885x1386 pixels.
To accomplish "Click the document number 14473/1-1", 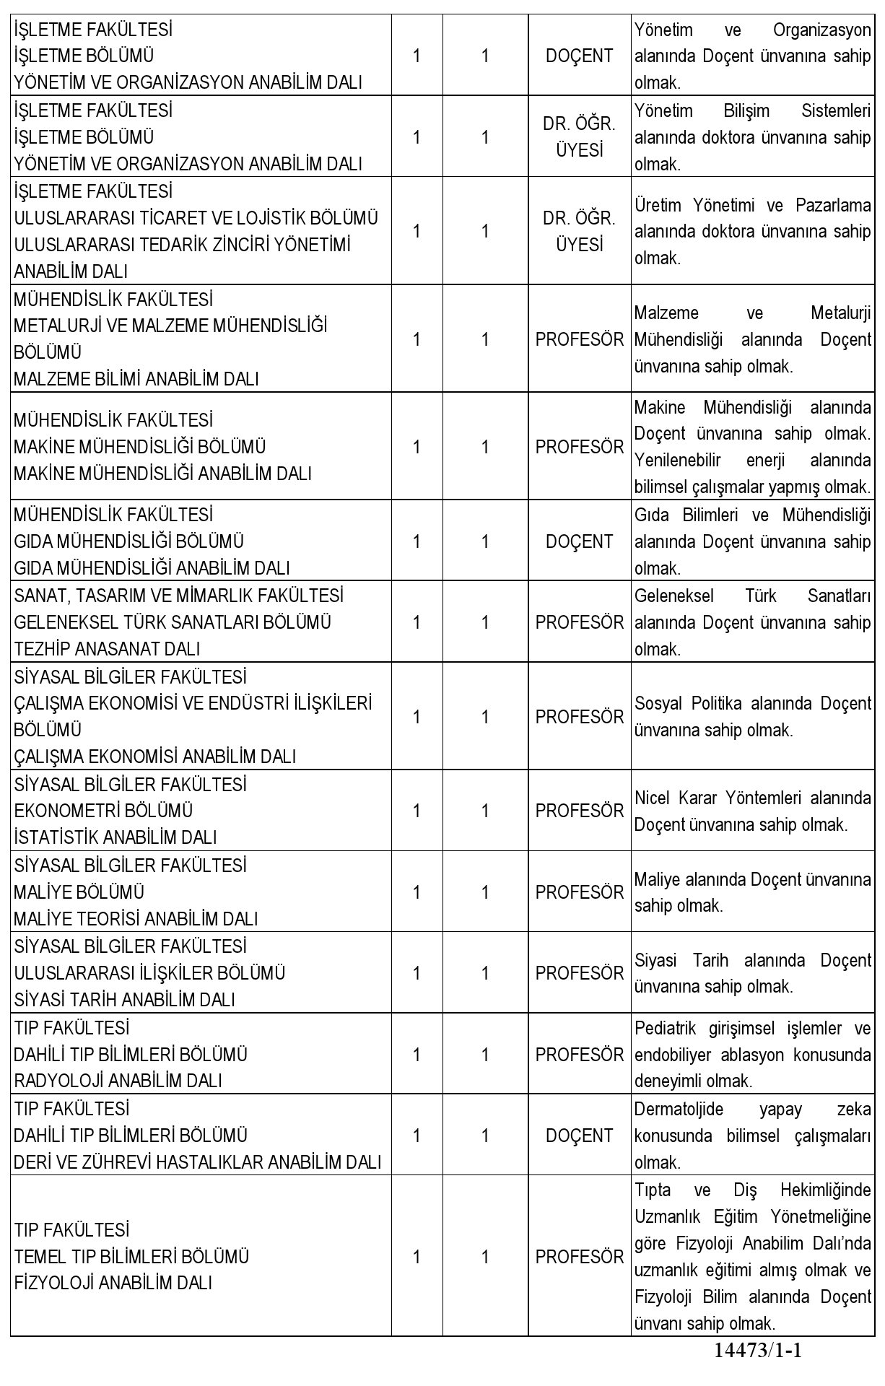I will tap(758, 1351).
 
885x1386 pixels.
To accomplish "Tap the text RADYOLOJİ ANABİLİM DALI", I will tap(118, 1081).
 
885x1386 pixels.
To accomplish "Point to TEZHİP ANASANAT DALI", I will tap(107, 649).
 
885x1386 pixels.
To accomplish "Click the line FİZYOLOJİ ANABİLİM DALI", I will tap(113, 1283).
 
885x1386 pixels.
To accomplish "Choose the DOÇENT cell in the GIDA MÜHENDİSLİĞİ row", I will tap(579, 541).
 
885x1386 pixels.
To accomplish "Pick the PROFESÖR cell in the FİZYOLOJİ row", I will tap(579, 1257).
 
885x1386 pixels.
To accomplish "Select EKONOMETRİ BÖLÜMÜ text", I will tap(103, 811).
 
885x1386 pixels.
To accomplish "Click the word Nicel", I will tap(653, 798).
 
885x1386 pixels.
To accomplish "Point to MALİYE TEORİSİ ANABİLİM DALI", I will tap(136, 919).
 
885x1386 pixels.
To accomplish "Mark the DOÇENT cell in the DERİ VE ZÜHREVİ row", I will tap(579, 1136).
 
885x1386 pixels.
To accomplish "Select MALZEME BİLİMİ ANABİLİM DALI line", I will tap(136, 379).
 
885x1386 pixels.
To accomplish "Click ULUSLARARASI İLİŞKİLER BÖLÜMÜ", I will tap(149, 973).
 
